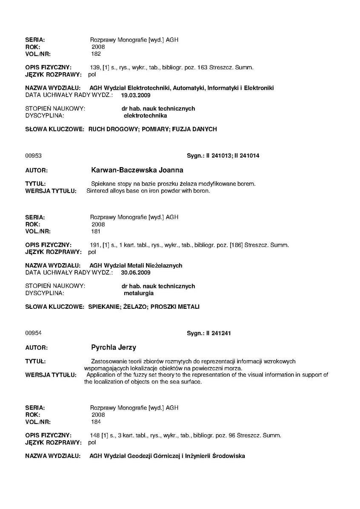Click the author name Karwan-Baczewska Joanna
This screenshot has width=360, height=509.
[x=137, y=170]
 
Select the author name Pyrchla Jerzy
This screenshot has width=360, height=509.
[x=114, y=347]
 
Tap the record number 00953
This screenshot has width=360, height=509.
[x=33, y=156]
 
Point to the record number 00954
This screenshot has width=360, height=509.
[x=33, y=333]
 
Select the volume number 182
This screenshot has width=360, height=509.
[x=96, y=54]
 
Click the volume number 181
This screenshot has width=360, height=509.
[x=96, y=231]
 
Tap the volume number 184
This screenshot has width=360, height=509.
[x=96, y=422]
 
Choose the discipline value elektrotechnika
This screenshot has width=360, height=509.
[x=145, y=115]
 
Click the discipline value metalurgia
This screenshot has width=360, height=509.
[x=139, y=293]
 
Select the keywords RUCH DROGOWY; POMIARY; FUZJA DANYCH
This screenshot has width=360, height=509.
[x=152, y=129]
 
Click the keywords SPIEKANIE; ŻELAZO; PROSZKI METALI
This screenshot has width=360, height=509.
[x=143, y=307]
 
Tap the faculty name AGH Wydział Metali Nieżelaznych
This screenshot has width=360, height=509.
[x=136, y=265]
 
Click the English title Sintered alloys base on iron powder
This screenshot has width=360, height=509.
[x=148, y=191]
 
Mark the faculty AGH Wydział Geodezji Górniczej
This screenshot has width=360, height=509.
[x=167, y=456]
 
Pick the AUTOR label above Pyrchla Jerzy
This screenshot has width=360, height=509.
[x=36, y=348]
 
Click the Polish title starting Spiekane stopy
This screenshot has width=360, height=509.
[x=173, y=184]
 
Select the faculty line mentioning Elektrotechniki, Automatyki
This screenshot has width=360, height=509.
[x=182, y=88]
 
